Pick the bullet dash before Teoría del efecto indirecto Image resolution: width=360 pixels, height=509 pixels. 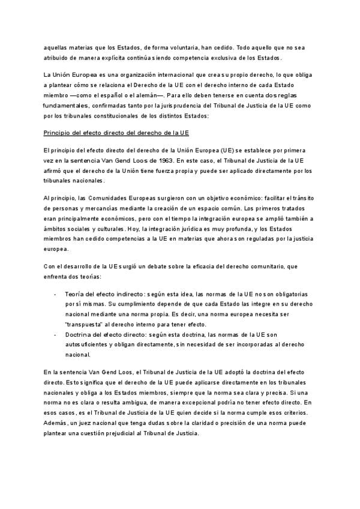55,296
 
